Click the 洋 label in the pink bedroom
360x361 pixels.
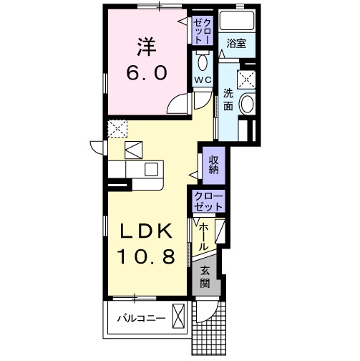coord(147,47)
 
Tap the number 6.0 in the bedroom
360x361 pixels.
coord(147,73)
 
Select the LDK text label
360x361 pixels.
coord(146,231)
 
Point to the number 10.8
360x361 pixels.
coord(146,256)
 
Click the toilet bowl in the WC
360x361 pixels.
coord(203,62)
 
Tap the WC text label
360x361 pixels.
coord(203,80)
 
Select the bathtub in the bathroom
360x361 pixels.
coord(237,20)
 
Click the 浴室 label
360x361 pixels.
coord(236,44)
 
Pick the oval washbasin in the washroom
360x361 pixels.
coord(247,103)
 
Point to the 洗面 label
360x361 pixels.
coord(228,100)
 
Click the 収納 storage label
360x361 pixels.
coord(214,165)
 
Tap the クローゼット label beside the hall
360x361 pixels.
coord(208,201)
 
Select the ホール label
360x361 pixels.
coord(203,236)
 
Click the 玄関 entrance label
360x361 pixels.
coord(205,277)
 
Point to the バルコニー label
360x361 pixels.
coord(142,318)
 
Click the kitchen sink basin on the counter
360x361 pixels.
coord(152,169)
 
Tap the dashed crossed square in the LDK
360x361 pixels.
coord(117,129)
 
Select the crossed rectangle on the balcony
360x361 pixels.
coord(178,316)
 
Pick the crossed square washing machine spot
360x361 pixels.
coord(246,80)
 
